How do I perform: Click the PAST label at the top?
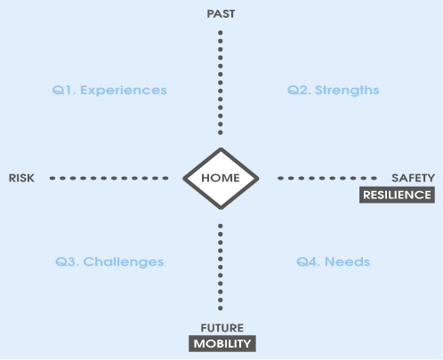click(221, 14)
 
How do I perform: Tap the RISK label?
click(21, 178)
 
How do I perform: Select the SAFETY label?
click(413, 178)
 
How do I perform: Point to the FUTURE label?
click(222, 328)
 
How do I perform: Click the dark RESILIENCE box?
click(397, 195)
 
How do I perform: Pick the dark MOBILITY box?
click(222, 344)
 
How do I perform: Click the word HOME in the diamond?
click(221, 178)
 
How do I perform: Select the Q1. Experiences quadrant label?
click(109, 91)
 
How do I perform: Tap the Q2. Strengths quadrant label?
click(333, 91)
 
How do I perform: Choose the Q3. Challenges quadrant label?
click(109, 262)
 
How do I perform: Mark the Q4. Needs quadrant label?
click(333, 262)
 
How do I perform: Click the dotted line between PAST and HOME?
click(221, 83)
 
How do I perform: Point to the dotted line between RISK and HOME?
click(109, 178)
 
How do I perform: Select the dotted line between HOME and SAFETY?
click(327, 178)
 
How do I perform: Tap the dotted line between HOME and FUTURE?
click(221, 268)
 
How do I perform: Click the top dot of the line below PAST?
click(221, 33)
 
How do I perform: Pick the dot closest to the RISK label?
click(52, 178)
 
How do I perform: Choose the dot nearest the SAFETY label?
click(375, 178)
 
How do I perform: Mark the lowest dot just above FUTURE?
click(221, 308)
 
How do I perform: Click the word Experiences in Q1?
click(124, 91)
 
